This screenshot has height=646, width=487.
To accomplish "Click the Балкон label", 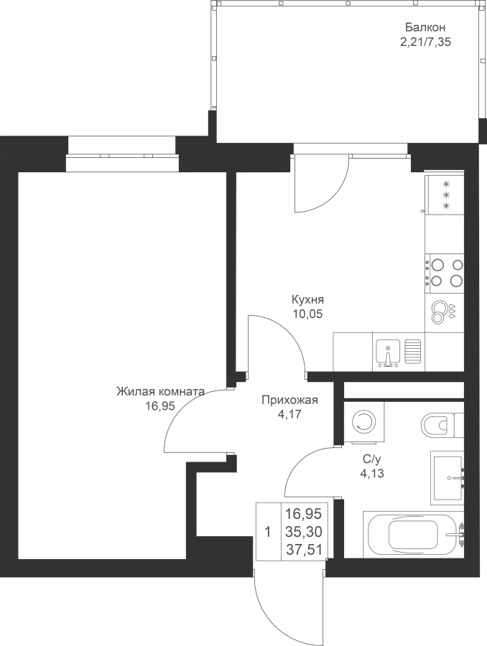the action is pyautogui.click(x=425, y=27).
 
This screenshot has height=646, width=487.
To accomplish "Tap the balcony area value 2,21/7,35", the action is pyautogui.click(x=425, y=42).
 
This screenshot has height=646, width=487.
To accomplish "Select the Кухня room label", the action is pyautogui.click(x=307, y=299).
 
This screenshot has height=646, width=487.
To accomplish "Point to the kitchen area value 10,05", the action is pyautogui.click(x=307, y=314).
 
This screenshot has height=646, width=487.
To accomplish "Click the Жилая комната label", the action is pyautogui.click(x=160, y=391).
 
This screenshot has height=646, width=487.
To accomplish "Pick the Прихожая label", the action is pyautogui.click(x=290, y=400).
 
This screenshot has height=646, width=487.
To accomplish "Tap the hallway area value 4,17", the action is pyautogui.click(x=290, y=414).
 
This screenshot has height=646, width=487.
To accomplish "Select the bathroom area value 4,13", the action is pyautogui.click(x=372, y=474).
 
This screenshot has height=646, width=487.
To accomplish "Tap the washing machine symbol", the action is pyautogui.click(x=363, y=422).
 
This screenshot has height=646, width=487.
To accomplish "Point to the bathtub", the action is pyautogui.click(x=413, y=534).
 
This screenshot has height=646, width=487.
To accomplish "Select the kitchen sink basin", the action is pyautogui.click(x=389, y=352).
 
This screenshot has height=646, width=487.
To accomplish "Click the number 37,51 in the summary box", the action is pyautogui.click(x=305, y=549).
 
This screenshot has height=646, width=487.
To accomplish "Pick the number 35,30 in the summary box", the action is pyautogui.click(x=305, y=532).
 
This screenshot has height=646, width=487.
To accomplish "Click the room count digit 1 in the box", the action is pyautogui.click(x=268, y=533).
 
